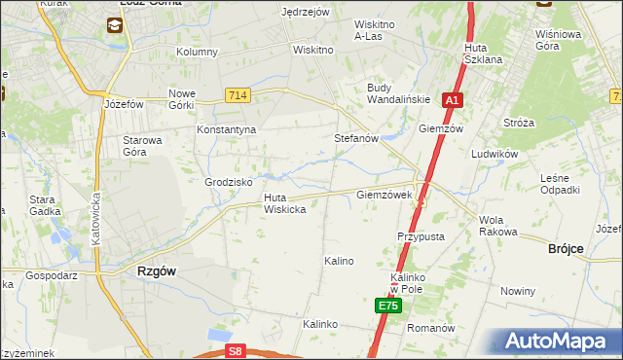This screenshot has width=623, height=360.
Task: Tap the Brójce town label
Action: (x=566, y=249)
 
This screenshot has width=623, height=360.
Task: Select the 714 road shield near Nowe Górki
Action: (x=238, y=94)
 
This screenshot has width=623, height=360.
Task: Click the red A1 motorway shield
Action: (x=452, y=99)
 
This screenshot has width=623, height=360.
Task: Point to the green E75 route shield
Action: (x=388, y=306)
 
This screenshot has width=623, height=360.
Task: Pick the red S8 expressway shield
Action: (x=235, y=350)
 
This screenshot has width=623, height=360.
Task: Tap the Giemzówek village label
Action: (x=391, y=195)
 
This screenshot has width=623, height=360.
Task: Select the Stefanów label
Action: (x=356, y=139)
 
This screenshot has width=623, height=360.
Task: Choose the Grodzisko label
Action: (x=229, y=182)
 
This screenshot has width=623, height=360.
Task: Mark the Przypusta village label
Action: (x=421, y=236)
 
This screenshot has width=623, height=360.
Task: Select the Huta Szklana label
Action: (x=483, y=54)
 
